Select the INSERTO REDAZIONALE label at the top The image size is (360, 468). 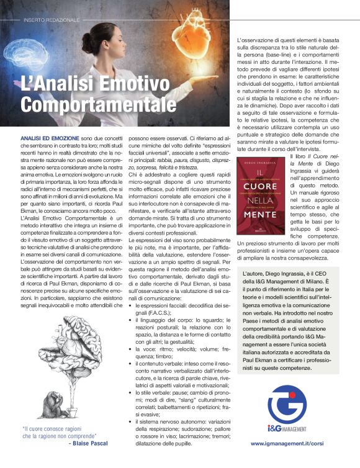coord(52,20)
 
